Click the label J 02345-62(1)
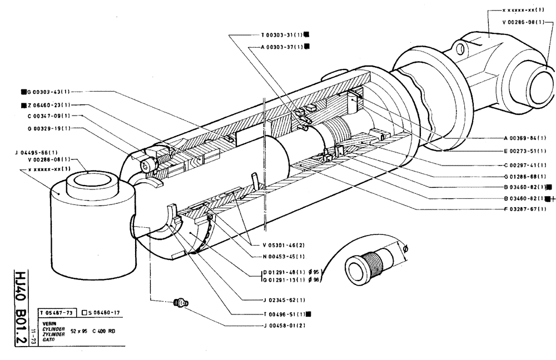(x=282, y=300)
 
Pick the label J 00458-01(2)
(x=282, y=324)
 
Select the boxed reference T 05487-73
(x=57, y=313)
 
